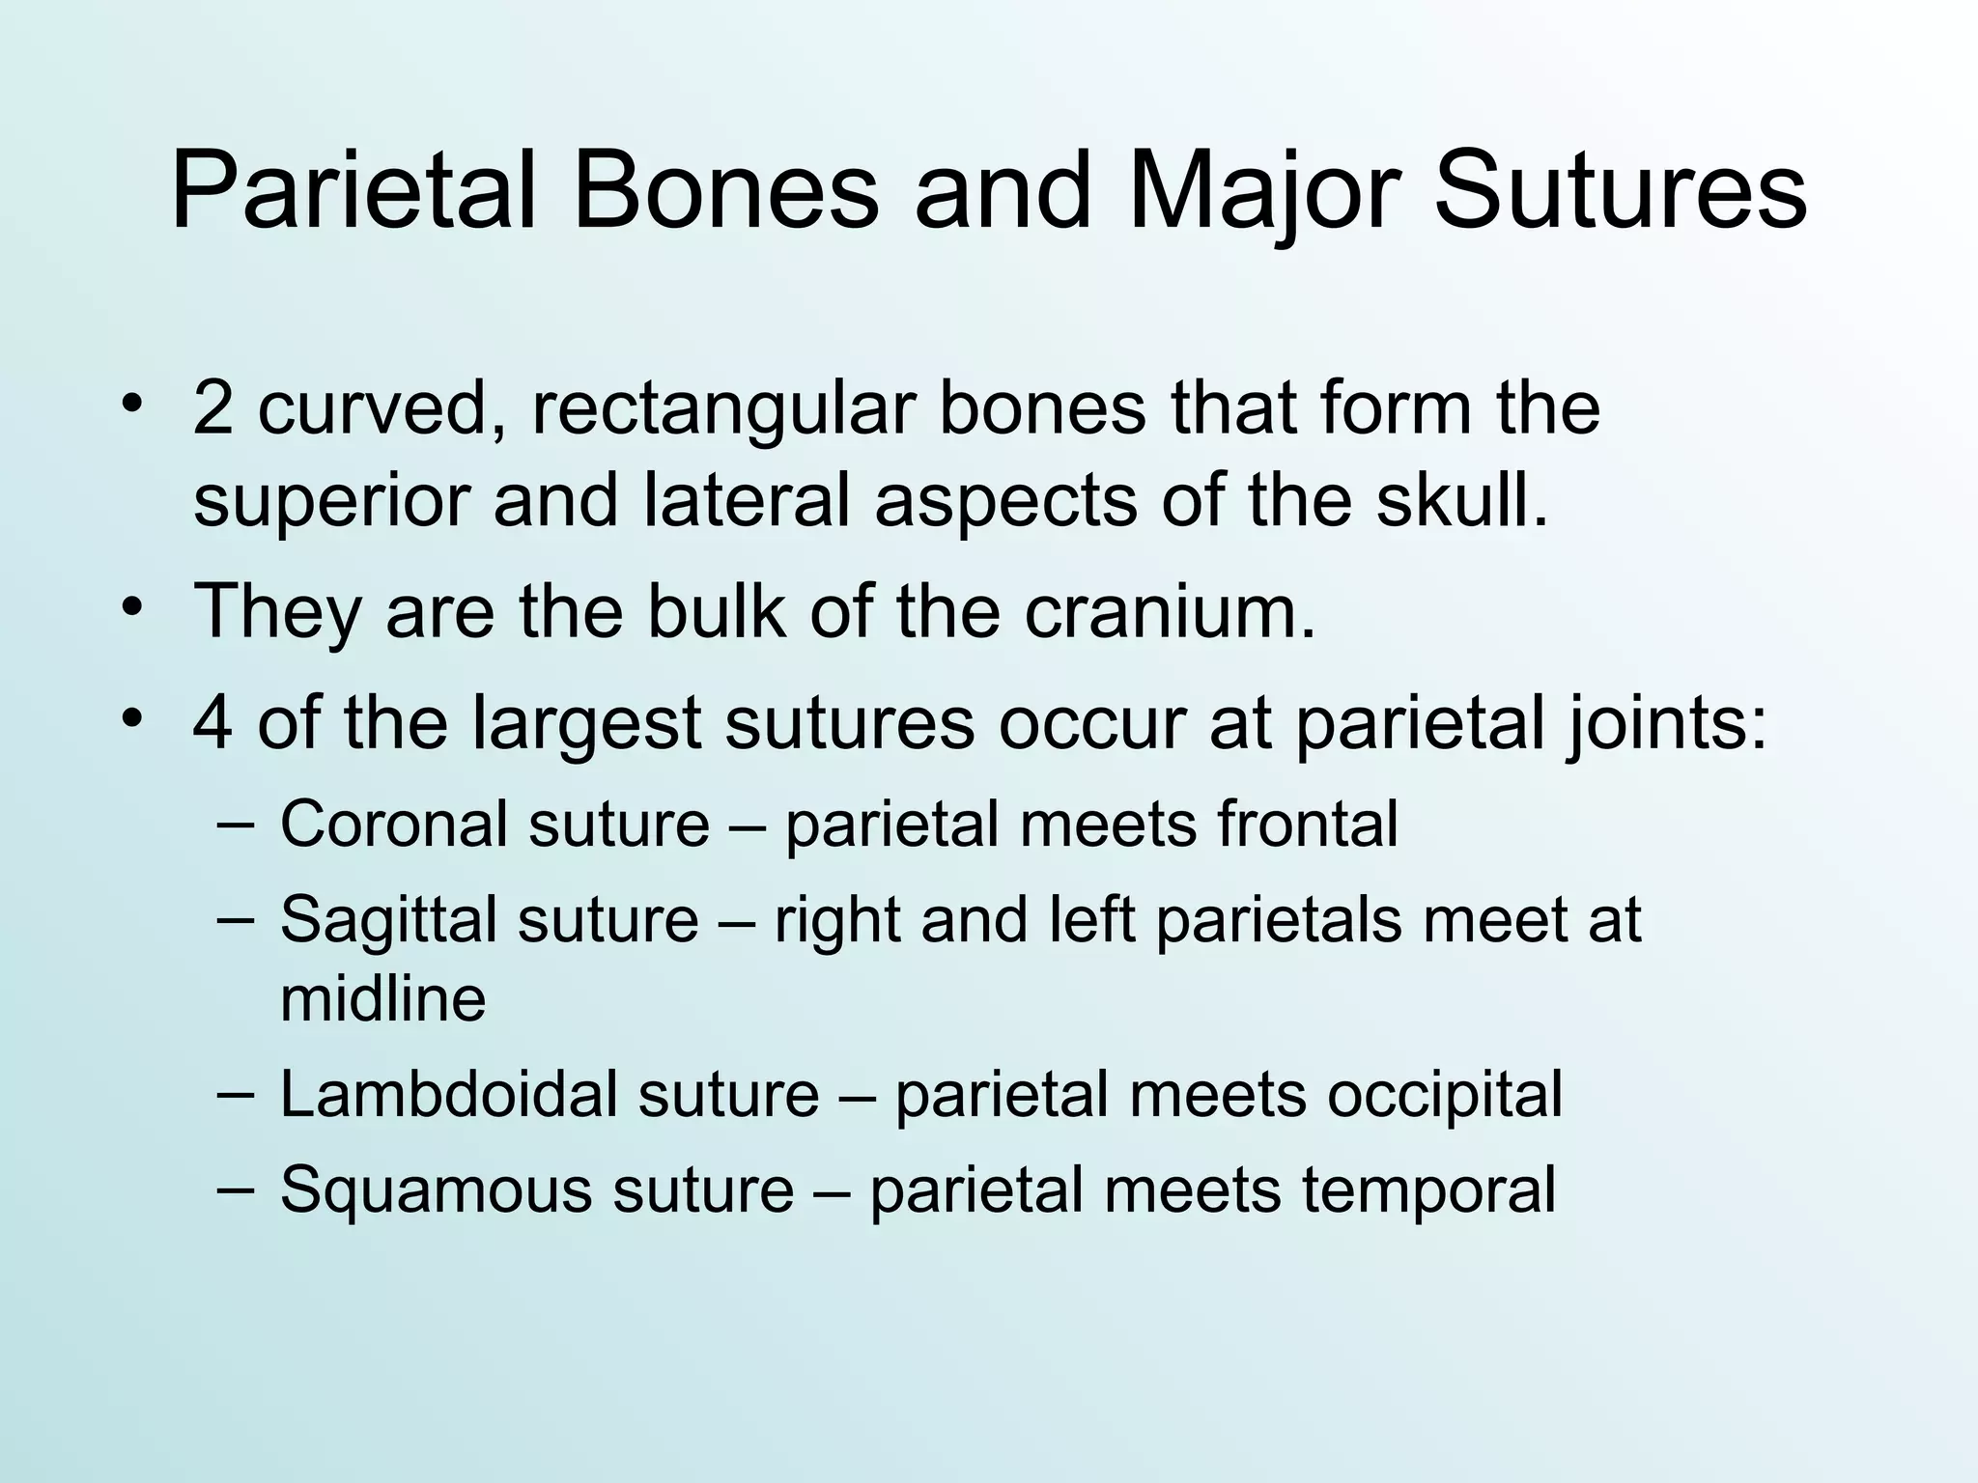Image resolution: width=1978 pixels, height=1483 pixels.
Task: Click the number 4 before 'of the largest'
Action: click(212, 723)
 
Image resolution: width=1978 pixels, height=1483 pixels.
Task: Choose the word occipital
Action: click(1444, 1095)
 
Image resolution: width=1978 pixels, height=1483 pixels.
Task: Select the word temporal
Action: click(1428, 1189)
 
